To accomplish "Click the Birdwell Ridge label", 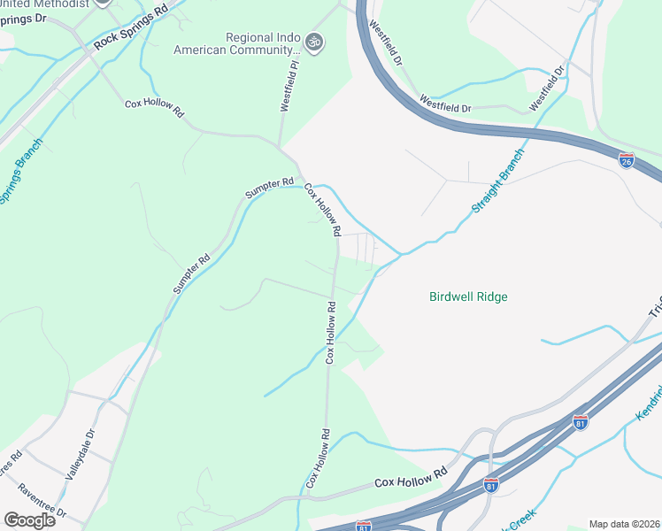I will click(x=468, y=297).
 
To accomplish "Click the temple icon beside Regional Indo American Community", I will click(x=312, y=41).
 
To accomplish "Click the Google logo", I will click(x=29, y=520).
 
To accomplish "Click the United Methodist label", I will click(x=45, y=4).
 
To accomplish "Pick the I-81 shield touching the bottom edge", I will click(x=363, y=526).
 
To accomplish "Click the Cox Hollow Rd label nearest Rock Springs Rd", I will click(x=154, y=108).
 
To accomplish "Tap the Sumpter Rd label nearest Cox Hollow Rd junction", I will click(x=268, y=188).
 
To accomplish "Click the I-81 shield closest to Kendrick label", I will click(x=580, y=421).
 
